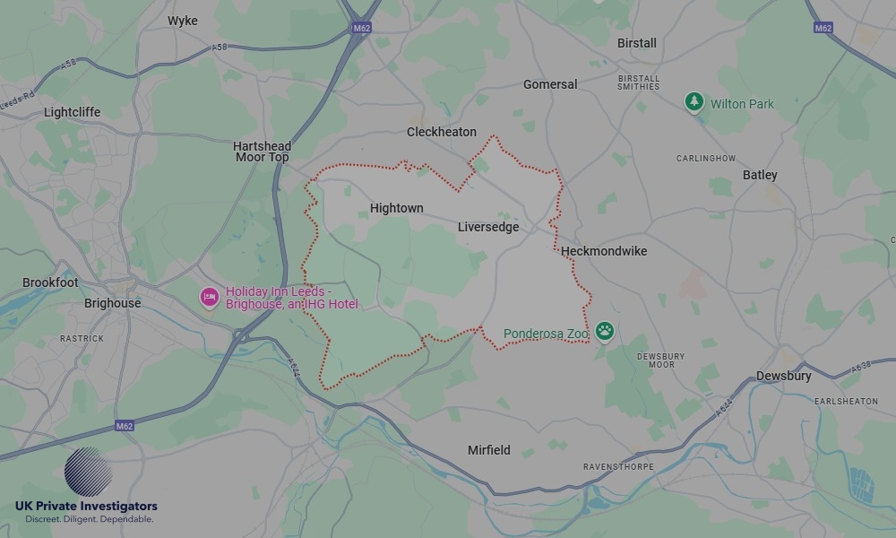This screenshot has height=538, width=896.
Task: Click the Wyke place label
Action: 182,21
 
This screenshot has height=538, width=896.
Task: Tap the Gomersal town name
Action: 550,84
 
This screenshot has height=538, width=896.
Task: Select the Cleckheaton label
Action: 442,132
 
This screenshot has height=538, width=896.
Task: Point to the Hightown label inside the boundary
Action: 396,208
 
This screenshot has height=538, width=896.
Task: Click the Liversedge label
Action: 488,227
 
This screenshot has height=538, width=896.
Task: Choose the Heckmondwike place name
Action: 604,251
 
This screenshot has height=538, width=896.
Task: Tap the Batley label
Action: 760,175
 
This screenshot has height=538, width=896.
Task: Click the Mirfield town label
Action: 489,450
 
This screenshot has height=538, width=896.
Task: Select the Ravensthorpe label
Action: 618,467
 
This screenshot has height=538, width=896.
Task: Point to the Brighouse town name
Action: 112,303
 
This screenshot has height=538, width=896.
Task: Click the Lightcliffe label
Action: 73,112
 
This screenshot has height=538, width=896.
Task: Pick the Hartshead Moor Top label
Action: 262,152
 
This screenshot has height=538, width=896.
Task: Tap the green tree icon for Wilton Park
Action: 694,103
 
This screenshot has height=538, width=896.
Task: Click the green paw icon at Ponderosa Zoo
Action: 606,333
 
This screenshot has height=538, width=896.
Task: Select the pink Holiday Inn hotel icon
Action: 210,297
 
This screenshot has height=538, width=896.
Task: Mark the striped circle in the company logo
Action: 89,472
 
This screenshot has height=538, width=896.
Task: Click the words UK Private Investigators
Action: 86,507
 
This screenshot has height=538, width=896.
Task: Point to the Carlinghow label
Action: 705,159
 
